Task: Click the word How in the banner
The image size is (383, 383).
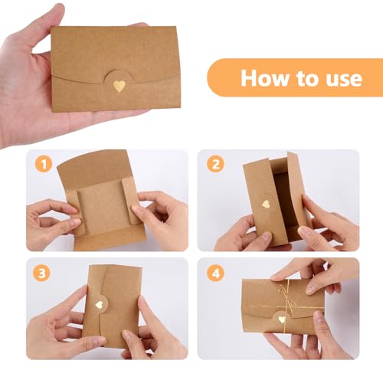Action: pos(263,78)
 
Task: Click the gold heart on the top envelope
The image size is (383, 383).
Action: pos(119,87)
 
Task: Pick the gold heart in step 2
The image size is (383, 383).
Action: pos(266,205)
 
